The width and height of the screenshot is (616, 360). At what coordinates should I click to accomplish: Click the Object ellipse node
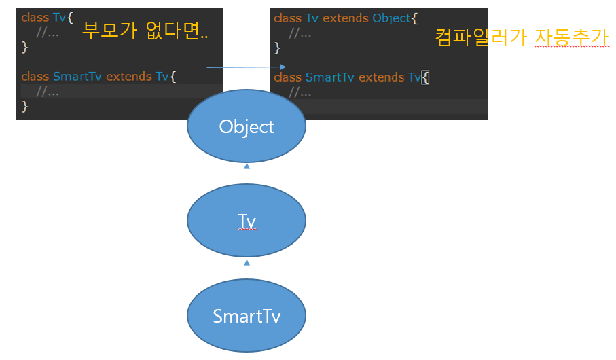pyautogui.click(x=247, y=126)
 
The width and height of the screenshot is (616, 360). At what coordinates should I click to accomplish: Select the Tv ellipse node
pyautogui.click(x=247, y=221)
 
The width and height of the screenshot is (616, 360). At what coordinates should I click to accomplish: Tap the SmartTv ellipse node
pyautogui.click(x=247, y=316)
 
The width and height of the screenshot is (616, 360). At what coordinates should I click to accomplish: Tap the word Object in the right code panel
pyautogui.click(x=391, y=18)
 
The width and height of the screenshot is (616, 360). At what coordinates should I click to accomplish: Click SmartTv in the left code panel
pyautogui.click(x=77, y=76)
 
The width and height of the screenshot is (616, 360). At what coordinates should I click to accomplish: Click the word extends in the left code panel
pyautogui.click(x=129, y=76)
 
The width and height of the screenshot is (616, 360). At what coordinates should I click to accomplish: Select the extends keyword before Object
pyautogui.click(x=346, y=18)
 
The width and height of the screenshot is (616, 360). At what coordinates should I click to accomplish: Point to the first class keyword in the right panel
pyautogui.click(x=288, y=18)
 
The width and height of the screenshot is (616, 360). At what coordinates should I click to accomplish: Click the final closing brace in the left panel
pyautogui.click(x=25, y=106)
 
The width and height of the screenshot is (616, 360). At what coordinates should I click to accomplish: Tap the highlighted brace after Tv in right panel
pyautogui.click(x=425, y=77)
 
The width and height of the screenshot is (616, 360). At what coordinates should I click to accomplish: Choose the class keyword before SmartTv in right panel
pyautogui.click(x=288, y=77)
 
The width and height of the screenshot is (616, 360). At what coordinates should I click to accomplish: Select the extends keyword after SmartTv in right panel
pyautogui.click(x=382, y=77)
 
